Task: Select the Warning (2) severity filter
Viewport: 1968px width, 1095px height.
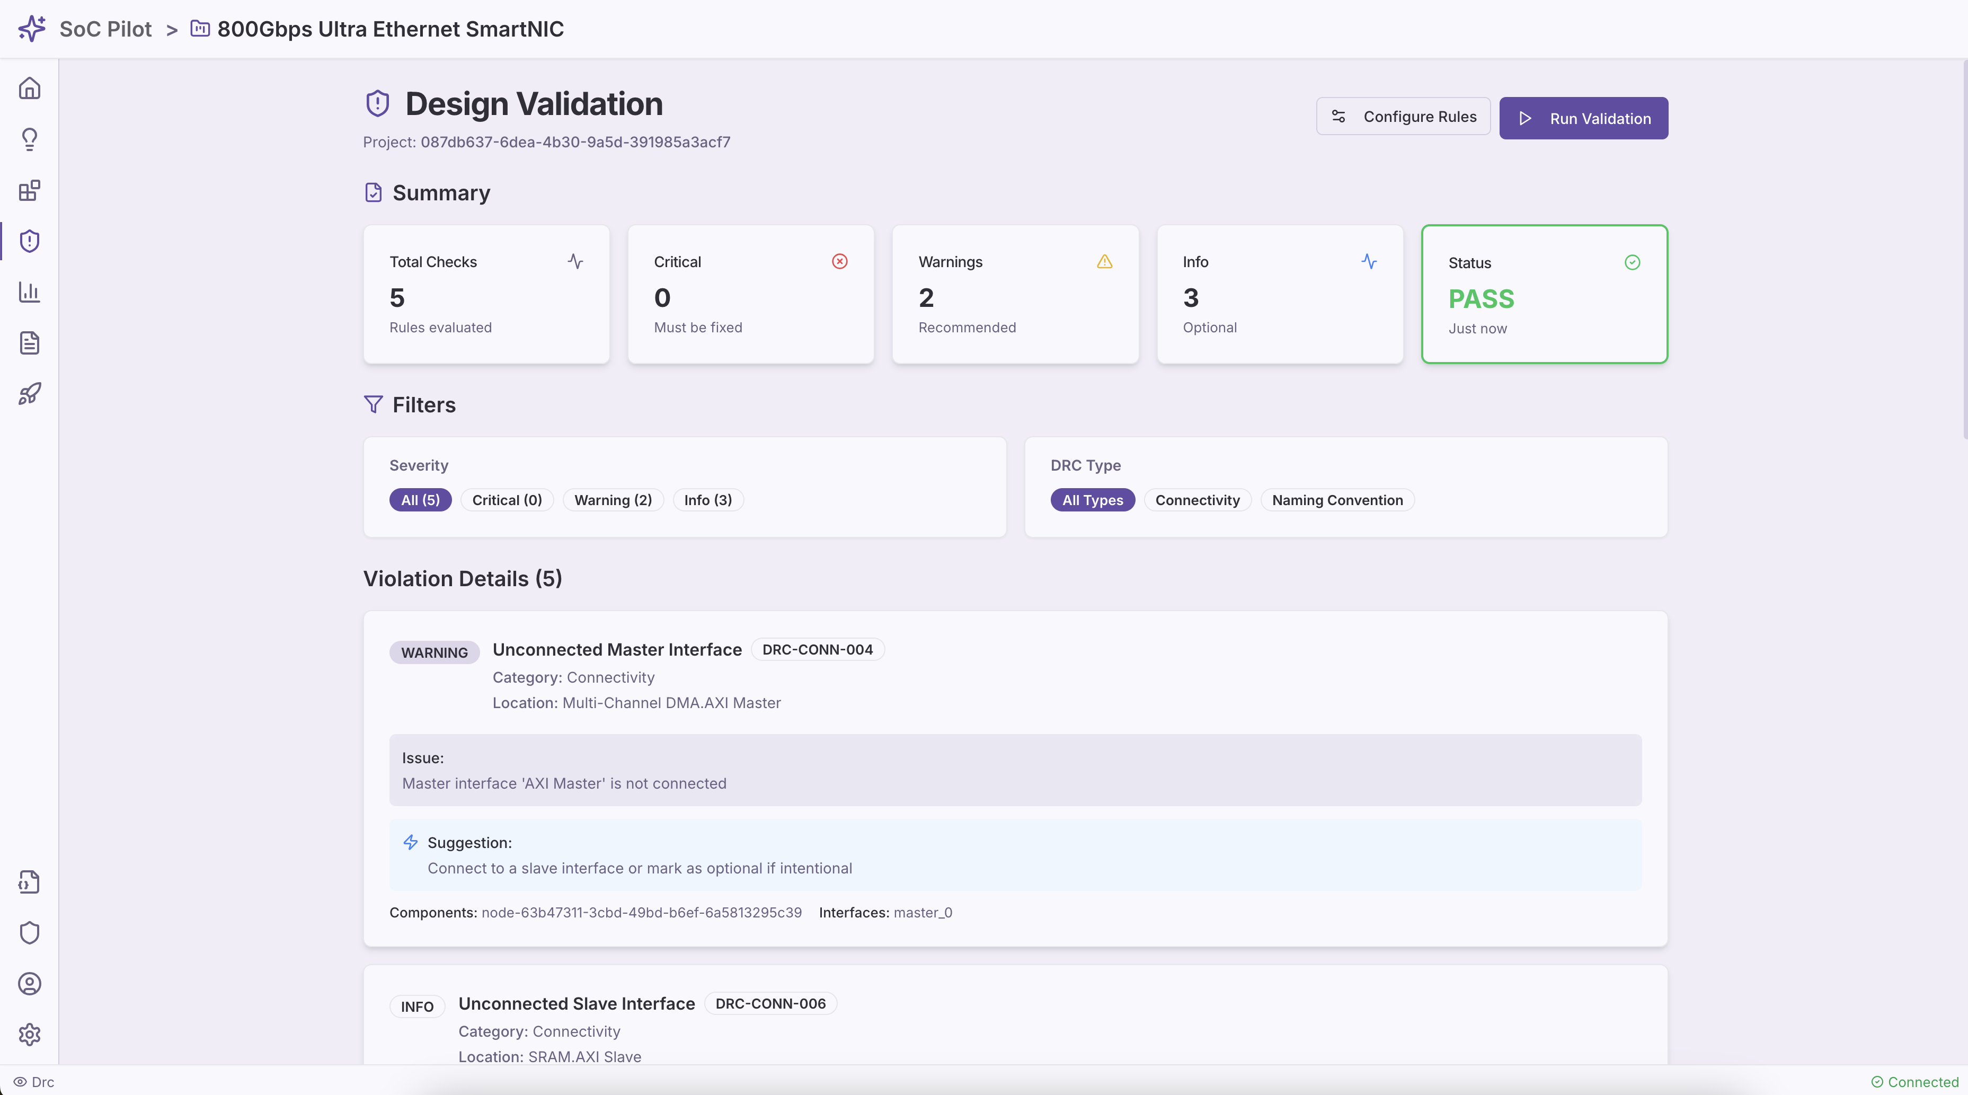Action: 613,500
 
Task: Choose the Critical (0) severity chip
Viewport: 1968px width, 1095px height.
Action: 507,500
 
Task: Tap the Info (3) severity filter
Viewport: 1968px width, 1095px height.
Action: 707,500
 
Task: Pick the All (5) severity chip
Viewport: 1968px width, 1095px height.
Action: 420,500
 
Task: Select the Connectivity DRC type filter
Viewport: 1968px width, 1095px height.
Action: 1196,500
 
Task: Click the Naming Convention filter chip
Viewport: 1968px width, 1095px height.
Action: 1337,500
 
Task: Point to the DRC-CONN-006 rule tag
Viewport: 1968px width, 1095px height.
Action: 770,1003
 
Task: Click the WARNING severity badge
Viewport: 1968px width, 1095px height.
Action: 434,652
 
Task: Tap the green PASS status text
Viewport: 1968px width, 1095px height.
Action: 1481,299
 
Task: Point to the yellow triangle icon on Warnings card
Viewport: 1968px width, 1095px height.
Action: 1104,261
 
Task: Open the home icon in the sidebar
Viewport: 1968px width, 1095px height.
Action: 29,89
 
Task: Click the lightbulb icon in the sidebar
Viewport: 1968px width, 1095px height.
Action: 29,139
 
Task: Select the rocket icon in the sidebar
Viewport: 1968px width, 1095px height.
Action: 29,393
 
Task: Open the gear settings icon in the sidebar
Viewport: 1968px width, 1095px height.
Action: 29,1034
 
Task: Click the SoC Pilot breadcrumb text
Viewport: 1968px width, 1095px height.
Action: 105,29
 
